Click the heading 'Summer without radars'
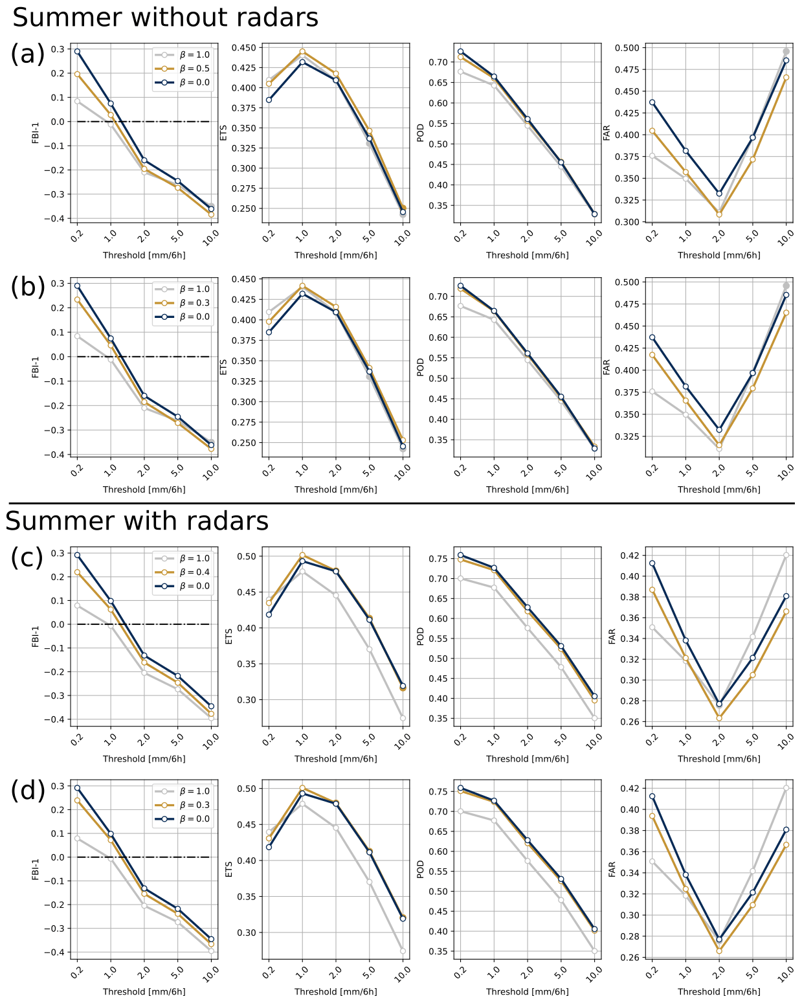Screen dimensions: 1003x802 tap(165, 17)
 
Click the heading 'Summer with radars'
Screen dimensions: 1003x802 tap(137, 521)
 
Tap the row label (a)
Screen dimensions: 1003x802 tap(28, 54)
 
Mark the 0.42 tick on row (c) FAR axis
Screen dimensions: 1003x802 tap(630, 556)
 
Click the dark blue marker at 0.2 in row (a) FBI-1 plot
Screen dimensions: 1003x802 tap(77, 52)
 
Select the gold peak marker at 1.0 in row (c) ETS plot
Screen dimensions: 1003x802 tap(302, 556)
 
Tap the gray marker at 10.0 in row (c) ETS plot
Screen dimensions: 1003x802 tap(403, 718)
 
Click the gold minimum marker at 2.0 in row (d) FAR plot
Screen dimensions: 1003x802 tap(719, 951)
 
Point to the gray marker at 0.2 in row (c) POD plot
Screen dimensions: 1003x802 tap(460, 578)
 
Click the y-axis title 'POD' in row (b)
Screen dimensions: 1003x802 tap(420, 367)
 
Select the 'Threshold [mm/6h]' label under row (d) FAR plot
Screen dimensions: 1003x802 tap(718, 991)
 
